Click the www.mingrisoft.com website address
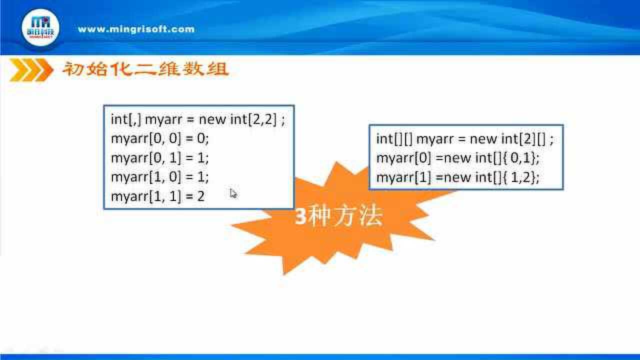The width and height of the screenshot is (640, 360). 136,29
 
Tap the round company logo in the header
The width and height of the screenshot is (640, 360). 40,27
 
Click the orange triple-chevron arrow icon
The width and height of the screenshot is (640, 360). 31,70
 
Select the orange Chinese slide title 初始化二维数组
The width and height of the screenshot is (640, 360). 145,69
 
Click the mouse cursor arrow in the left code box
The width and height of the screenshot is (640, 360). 233,193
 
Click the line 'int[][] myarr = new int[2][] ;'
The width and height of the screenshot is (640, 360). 465,139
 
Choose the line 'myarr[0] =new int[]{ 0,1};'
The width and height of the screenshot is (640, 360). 457,158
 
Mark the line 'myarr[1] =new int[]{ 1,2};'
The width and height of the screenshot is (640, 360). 457,177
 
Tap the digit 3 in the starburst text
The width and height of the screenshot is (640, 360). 301,216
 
